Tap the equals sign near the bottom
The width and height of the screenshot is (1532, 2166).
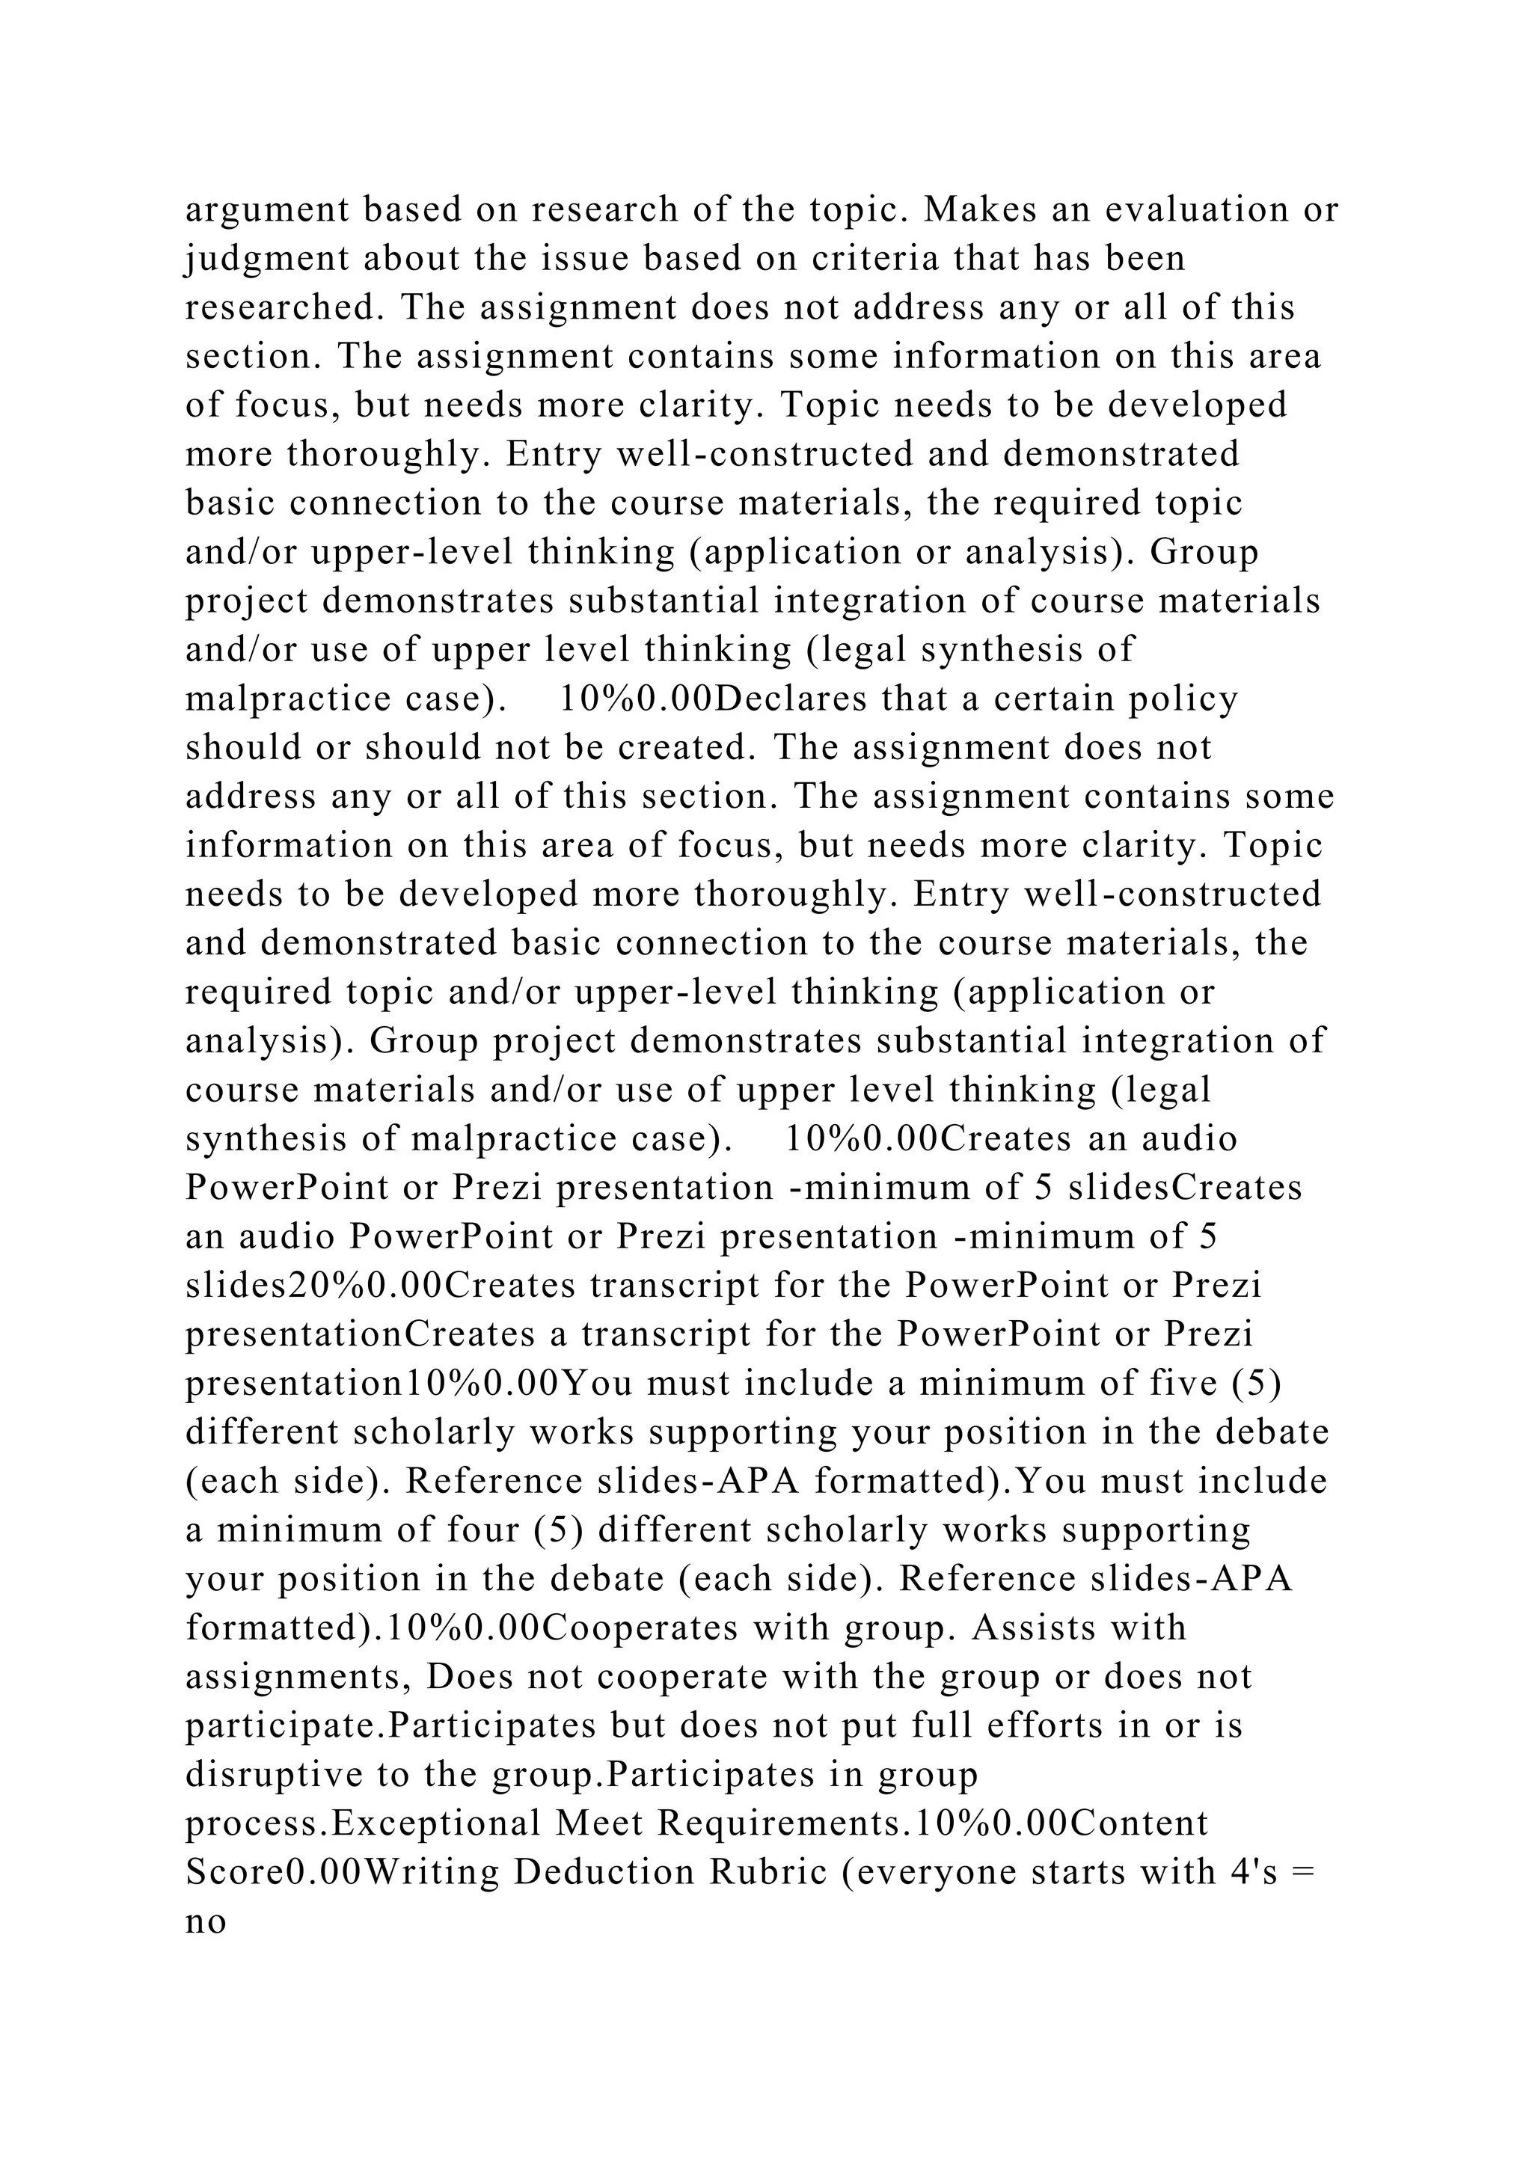click(x=1304, y=1874)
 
